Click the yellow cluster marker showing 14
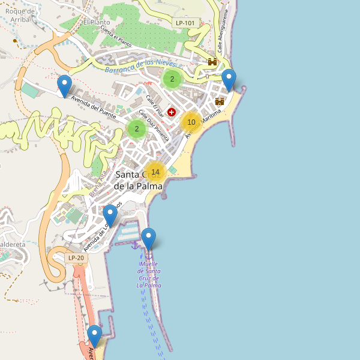155,172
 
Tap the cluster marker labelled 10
191,122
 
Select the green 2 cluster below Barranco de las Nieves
172,79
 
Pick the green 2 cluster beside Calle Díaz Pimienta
137,128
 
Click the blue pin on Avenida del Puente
64,86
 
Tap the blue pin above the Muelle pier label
148,239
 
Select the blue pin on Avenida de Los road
110,215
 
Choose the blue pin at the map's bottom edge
94,336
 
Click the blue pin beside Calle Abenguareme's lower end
229,80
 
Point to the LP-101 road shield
185,23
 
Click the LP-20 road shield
76,258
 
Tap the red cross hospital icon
172,112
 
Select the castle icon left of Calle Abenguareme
212,62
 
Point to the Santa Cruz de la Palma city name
139,180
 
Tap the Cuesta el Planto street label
116,37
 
